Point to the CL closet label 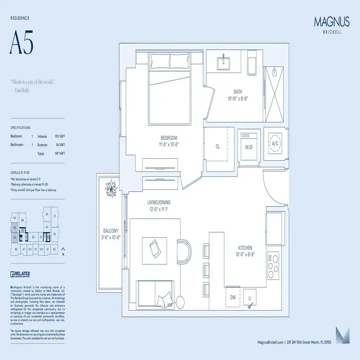(217, 146)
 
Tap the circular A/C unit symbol (274, 144)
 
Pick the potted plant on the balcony (110, 189)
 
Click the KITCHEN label (245, 248)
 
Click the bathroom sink (224, 63)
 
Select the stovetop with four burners (274, 265)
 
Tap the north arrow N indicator (63, 251)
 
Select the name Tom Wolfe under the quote (21, 90)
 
